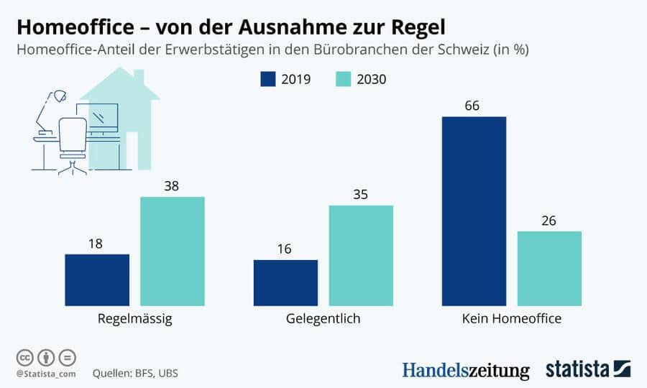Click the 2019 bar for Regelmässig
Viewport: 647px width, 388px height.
(x=97, y=280)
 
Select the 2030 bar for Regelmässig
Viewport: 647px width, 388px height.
(x=173, y=251)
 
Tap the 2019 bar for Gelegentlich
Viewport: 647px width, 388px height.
(x=285, y=283)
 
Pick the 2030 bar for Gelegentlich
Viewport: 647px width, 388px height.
(x=361, y=256)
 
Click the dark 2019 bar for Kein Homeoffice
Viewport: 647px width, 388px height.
(x=474, y=211)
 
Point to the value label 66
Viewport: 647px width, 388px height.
(x=472, y=106)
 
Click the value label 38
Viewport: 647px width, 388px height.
(x=171, y=186)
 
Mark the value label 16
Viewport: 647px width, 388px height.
(x=284, y=249)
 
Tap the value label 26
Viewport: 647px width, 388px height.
(x=549, y=221)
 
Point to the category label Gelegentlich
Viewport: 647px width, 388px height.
(x=323, y=318)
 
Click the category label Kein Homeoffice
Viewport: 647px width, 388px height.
(x=512, y=318)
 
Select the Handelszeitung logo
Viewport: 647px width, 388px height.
(x=465, y=370)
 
